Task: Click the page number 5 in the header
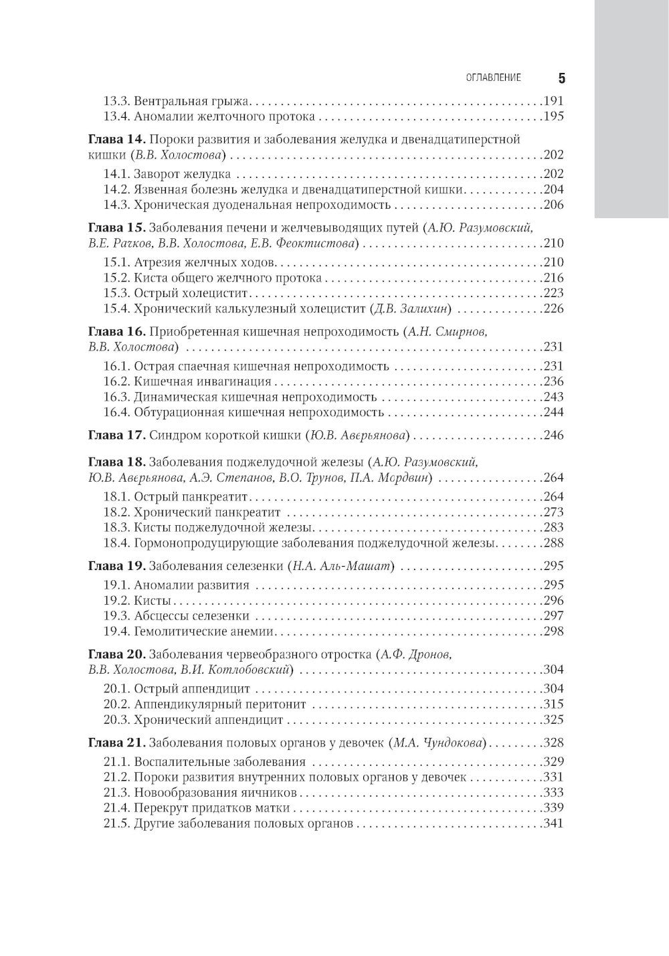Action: point(561,78)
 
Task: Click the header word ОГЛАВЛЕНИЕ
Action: point(493,78)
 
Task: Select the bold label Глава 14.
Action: point(116,140)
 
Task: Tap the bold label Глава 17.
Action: point(116,435)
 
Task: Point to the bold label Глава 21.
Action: point(116,742)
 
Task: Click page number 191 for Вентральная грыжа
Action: point(553,101)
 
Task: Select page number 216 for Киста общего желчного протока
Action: point(553,278)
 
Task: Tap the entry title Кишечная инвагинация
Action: point(203,381)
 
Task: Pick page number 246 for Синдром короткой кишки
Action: point(553,435)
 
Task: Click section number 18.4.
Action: point(116,543)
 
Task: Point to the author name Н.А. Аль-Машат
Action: point(341,566)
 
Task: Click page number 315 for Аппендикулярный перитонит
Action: point(553,704)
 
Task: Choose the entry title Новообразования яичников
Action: point(215,792)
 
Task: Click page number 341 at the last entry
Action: point(553,823)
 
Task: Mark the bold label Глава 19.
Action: point(116,566)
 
